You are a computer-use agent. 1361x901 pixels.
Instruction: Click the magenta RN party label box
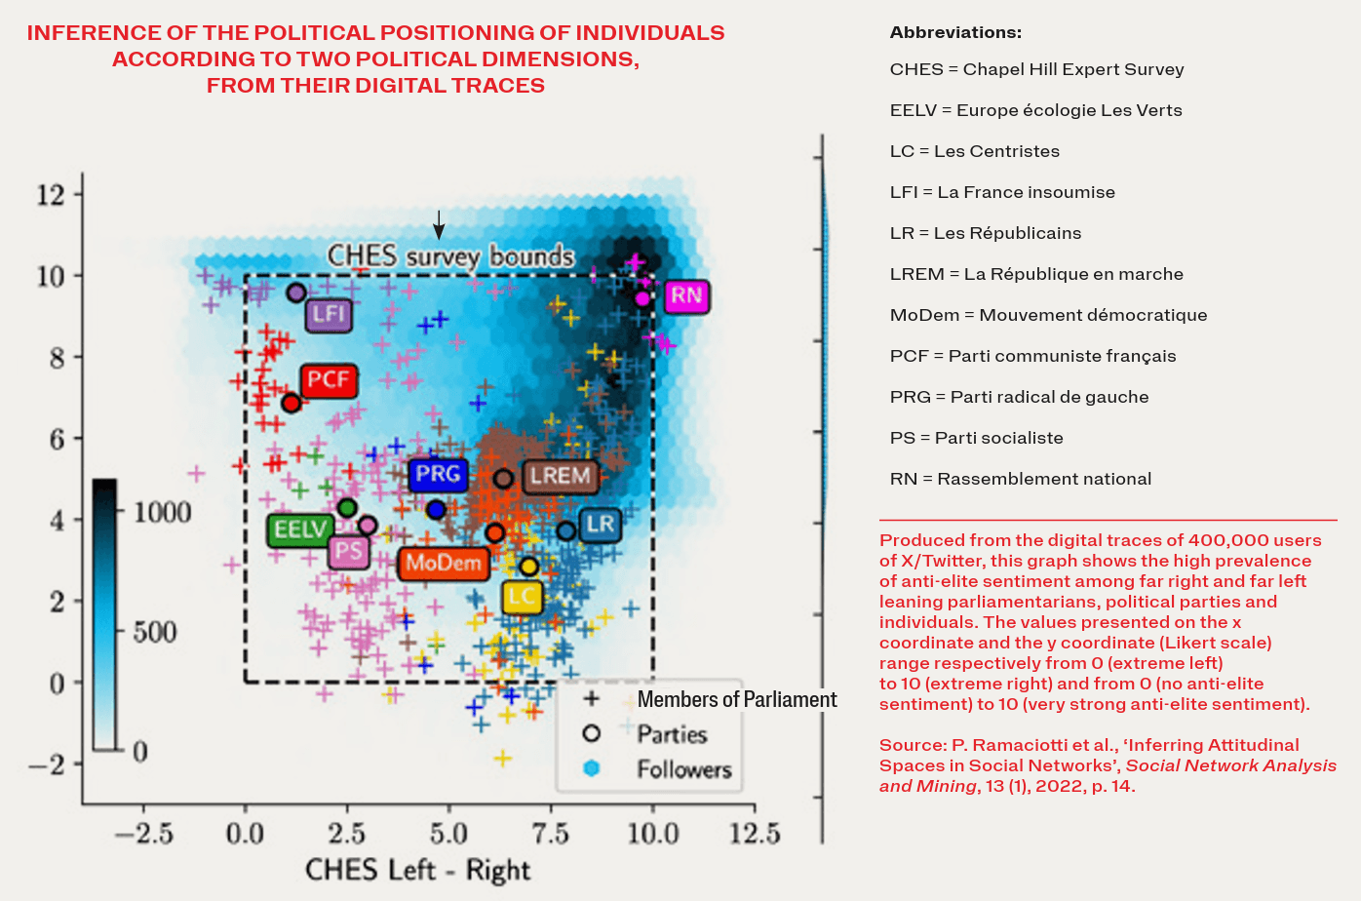click(x=686, y=296)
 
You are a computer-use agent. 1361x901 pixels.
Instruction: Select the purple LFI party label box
click(x=329, y=314)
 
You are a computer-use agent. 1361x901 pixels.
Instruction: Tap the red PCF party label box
click(x=329, y=379)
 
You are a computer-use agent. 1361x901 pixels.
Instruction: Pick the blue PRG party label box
click(x=438, y=475)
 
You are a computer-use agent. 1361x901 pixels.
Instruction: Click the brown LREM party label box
click(x=560, y=476)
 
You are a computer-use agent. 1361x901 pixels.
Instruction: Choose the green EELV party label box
click(x=299, y=529)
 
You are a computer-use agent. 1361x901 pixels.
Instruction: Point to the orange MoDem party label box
click(x=444, y=563)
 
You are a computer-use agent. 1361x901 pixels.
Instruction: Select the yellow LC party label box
click(x=523, y=597)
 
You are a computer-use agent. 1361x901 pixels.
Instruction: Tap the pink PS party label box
click(x=348, y=552)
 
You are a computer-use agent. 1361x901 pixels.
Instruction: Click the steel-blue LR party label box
click(x=601, y=525)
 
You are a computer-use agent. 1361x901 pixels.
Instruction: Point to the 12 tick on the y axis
click(x=51, y=194)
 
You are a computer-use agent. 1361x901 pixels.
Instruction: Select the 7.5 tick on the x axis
click(x=550, y=834)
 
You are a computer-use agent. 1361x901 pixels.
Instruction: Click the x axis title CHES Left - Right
click(x=417, y=870)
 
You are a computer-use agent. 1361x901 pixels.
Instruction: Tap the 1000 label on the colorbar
click(x=162, y=512)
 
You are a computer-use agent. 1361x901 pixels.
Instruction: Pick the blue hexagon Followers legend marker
click(x=591, y=768)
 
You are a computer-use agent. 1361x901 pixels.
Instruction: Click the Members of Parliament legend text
click(x=736, y=699)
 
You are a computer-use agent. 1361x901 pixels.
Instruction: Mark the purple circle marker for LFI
click(x=296, y=293)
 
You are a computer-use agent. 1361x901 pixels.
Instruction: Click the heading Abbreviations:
click(x=955, y=32)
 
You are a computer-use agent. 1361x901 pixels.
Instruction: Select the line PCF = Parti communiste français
click(x=1032, y=356)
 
